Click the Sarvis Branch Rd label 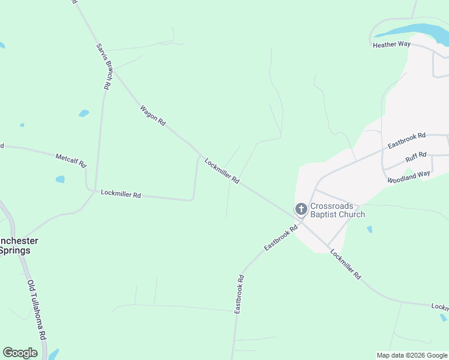click(104, 66)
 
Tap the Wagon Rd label click(152, 115)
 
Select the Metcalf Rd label click(71, 160)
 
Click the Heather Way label click(391, 45)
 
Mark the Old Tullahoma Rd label click(37, 309)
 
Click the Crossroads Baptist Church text click(337, 209)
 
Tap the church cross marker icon click(301, 209)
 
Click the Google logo click(20, 353)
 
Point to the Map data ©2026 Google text click(412, 355)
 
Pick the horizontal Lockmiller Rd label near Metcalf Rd click(121, 194)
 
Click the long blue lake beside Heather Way click(414, 30)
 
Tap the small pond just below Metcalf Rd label click(60, 179)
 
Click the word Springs click(14, 250)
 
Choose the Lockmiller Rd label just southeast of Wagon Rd click(222, 171)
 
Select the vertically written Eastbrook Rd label click(238, 293)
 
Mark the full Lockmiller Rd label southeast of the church click(346, 264)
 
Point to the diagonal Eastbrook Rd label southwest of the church click(281, 238)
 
